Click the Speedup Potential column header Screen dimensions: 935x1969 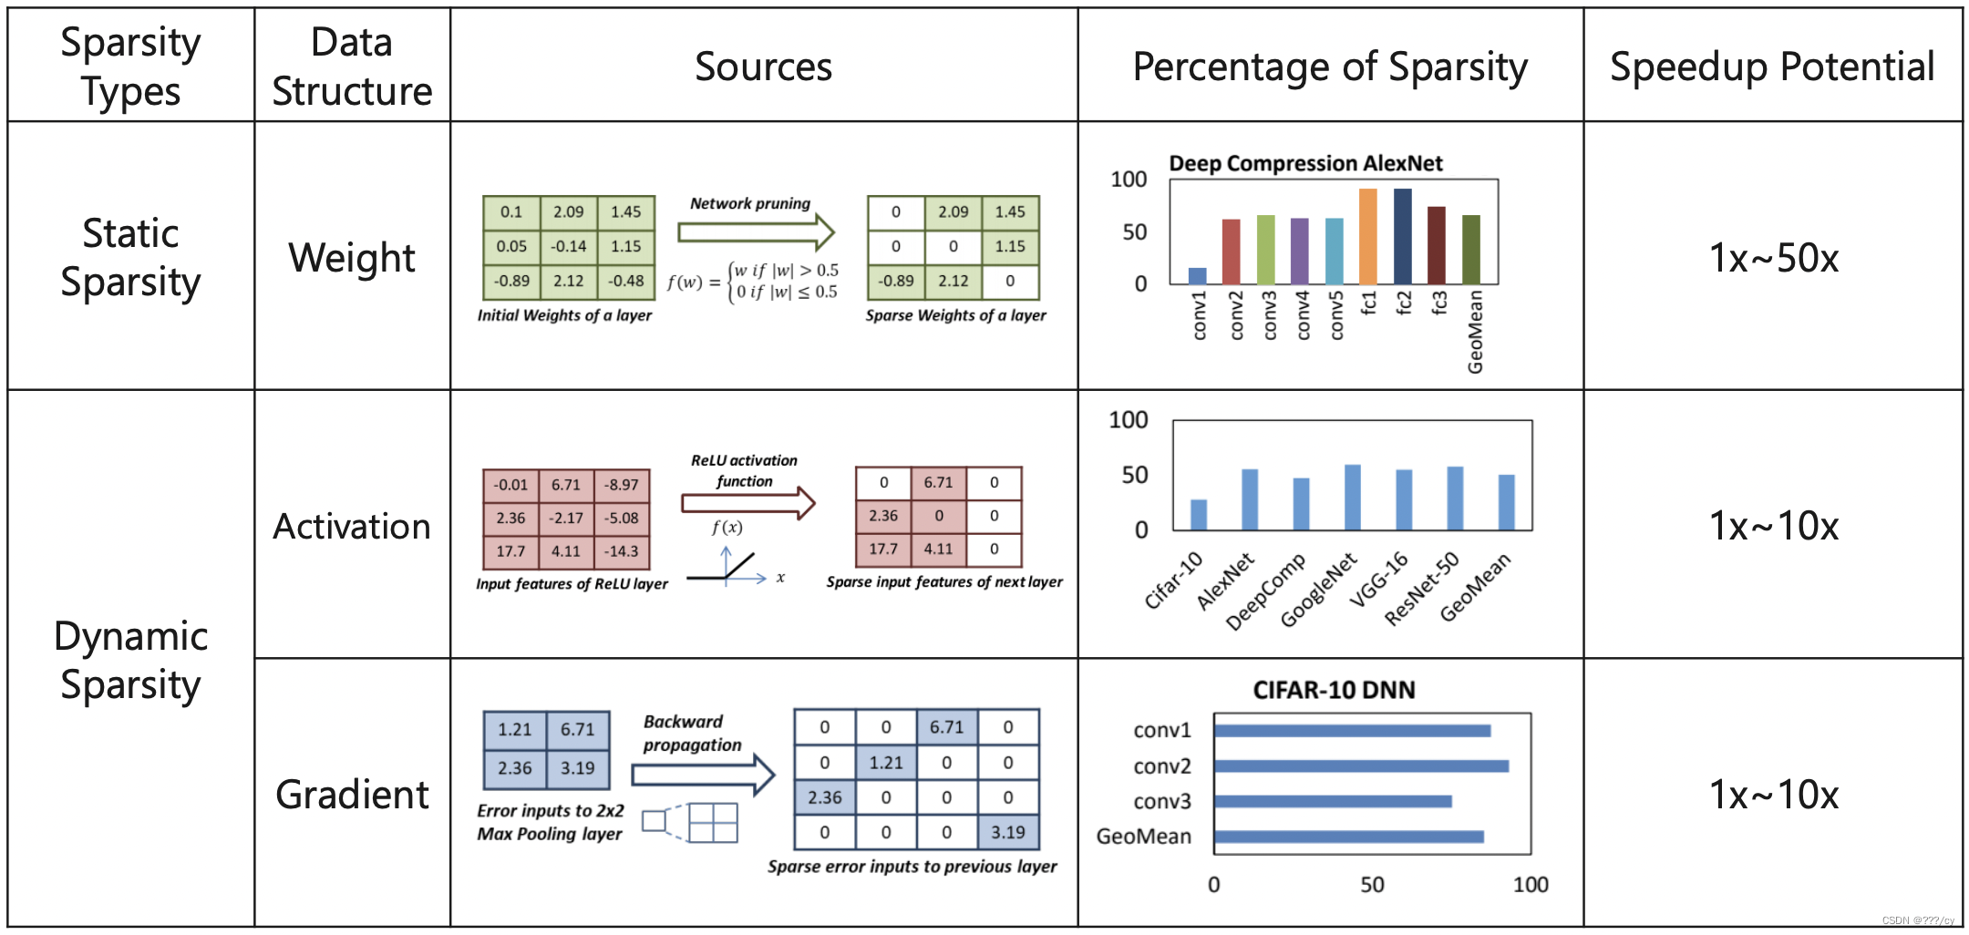point(1771,67)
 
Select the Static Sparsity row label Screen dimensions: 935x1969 point(130,257)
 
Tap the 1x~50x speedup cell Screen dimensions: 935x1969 point(1773,258)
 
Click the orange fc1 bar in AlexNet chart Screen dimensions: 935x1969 point(1367,236)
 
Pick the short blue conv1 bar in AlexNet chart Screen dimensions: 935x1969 point(1197,275)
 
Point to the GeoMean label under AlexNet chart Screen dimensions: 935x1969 point(1475,332)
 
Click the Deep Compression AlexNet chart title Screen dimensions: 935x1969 point(1305,163)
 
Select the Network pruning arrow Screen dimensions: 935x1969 point(756,232)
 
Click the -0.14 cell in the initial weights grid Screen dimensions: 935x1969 point(568,246)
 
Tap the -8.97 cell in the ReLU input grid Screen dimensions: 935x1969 point(622,485)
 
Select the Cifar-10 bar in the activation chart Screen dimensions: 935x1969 point(1199,515)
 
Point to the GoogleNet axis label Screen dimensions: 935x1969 point(1318,591)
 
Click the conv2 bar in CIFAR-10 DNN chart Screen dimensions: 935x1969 point(1360,765)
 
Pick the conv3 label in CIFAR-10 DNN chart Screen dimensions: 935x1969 point(1161,801)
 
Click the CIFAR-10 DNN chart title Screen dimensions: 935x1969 point(1334,690)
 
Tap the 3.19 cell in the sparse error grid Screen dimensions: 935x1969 point(1007,832)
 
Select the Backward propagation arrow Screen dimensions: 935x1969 point(703,775)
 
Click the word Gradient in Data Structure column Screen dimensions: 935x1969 point(352,795)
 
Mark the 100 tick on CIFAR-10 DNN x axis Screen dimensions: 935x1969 point(1530,884)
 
